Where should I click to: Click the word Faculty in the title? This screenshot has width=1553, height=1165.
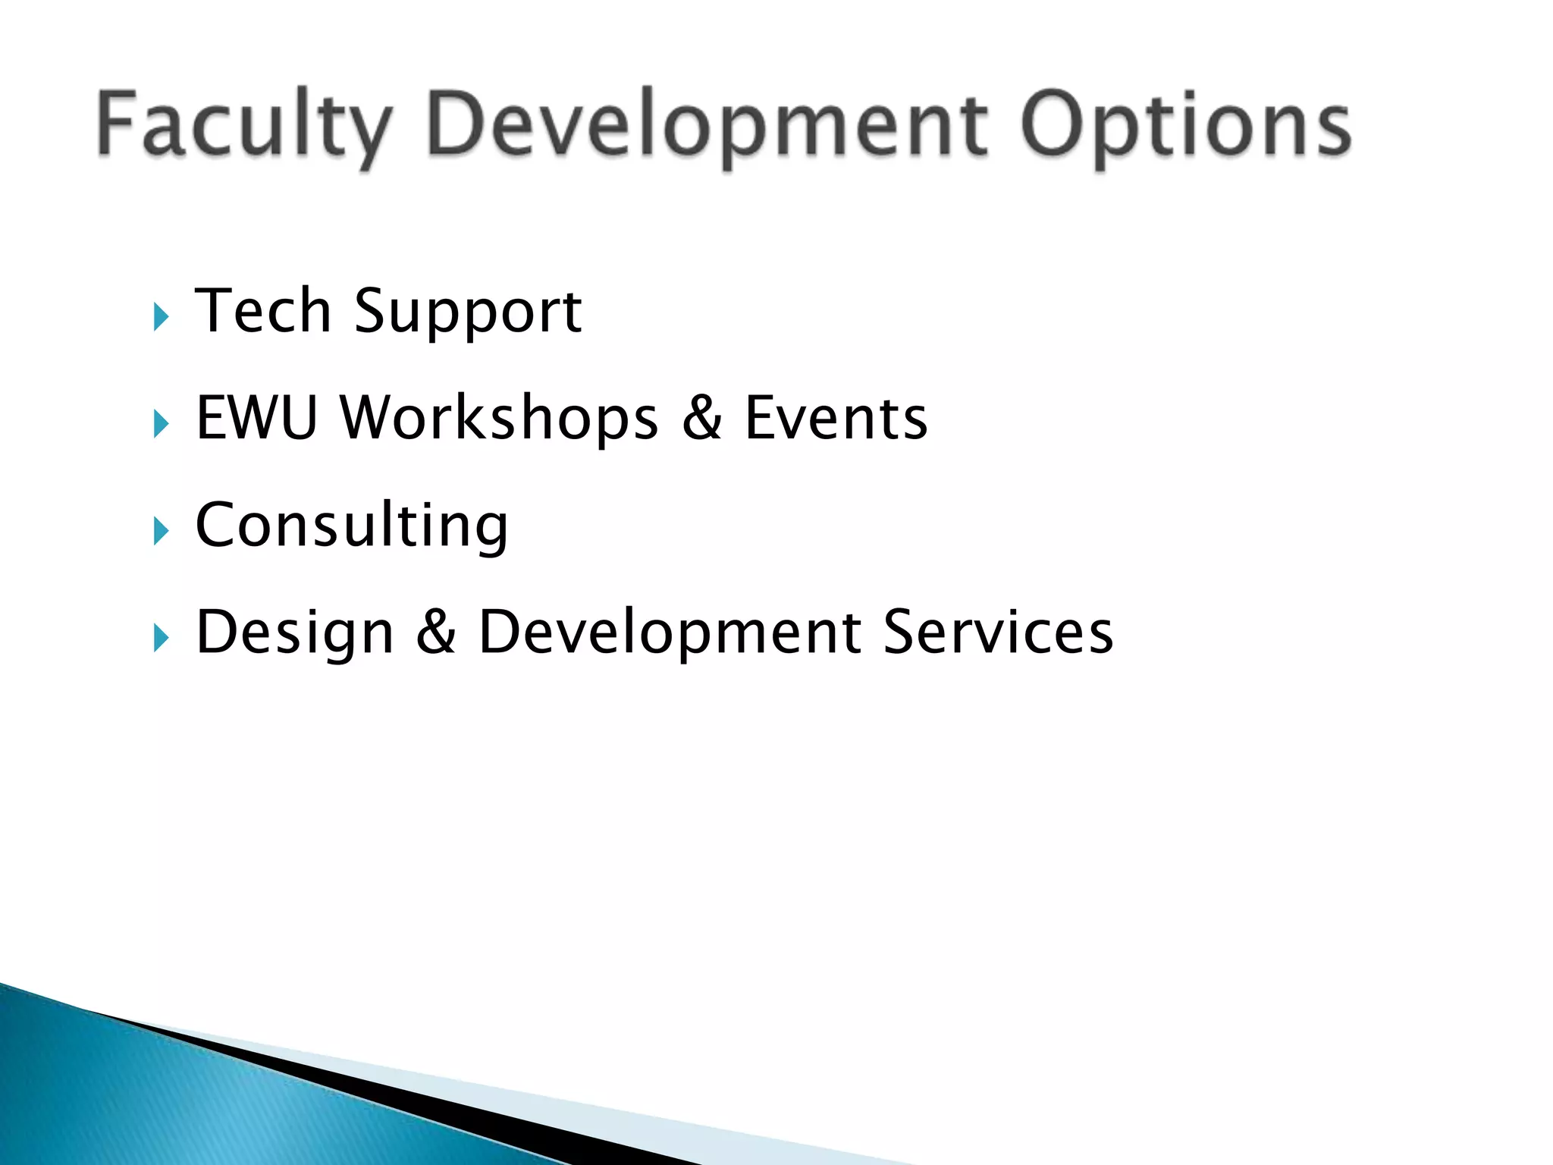click(x=244, y=125)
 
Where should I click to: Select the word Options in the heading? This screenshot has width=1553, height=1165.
click(x=1185, y=125)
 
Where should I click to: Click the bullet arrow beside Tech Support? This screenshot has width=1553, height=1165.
click(x=160, y=316)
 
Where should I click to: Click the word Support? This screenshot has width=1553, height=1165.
click(x=468, y=312)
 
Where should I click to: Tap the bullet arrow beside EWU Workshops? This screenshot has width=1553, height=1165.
click(x=160, y=423)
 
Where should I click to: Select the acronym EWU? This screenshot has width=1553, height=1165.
click(x=256, y=418)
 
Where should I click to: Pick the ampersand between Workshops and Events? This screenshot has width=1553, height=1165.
click(x=701, y=418)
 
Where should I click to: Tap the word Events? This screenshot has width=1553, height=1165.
click(x=836, y=418)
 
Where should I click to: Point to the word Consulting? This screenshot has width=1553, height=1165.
click(x=352, y=526)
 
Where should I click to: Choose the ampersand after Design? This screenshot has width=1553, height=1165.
click(x=436, y=632)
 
